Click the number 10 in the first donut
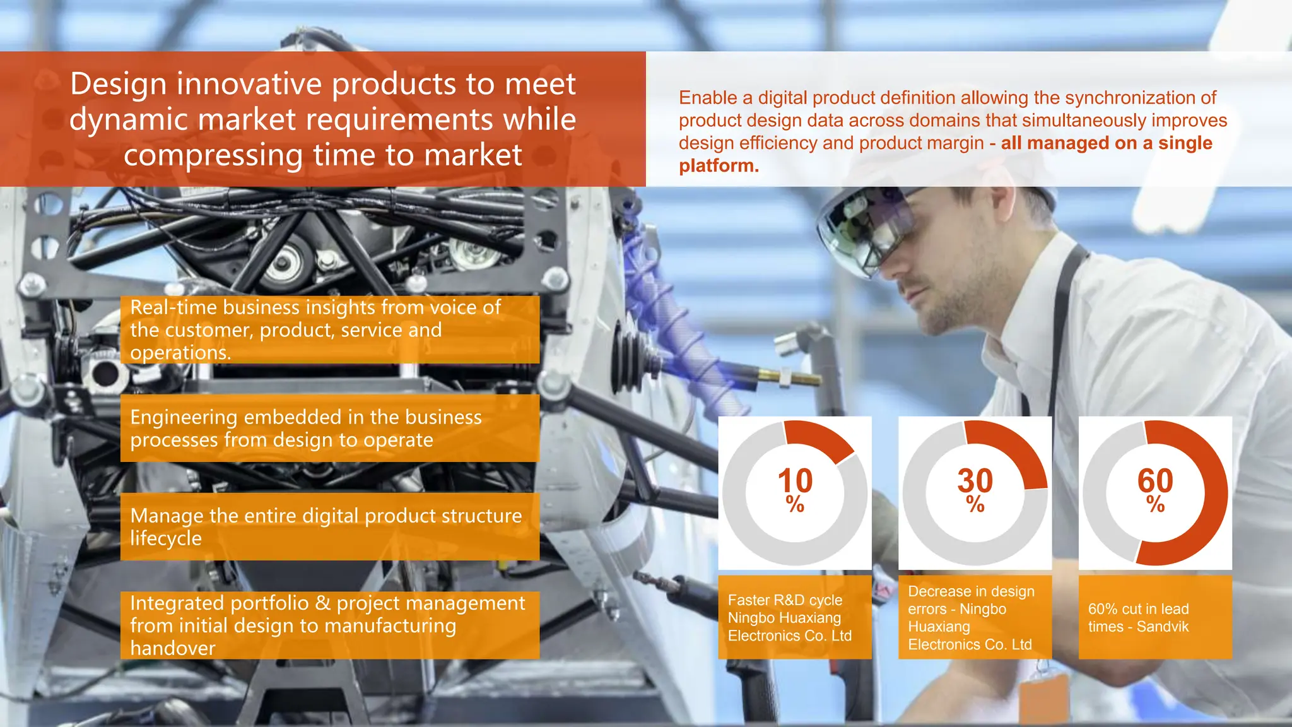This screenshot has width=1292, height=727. coord(795,481)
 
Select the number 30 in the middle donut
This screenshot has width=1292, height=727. coord(975,481)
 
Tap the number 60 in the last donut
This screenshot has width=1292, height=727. coord(1155,481)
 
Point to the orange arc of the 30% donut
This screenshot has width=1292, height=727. coord(1016,451)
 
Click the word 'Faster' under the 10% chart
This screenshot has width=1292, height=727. coord(748,600)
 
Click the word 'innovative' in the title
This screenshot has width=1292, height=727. coord(252,84)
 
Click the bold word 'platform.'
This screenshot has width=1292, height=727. coord(719,166)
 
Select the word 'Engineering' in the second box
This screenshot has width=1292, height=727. coord(184,417)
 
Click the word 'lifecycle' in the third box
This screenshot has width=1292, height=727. coord(166,538)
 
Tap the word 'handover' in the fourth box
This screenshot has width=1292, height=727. coord(172,648)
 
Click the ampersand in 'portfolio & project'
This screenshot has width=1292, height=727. coord(323,603)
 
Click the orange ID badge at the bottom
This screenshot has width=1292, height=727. coord(1044,697)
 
